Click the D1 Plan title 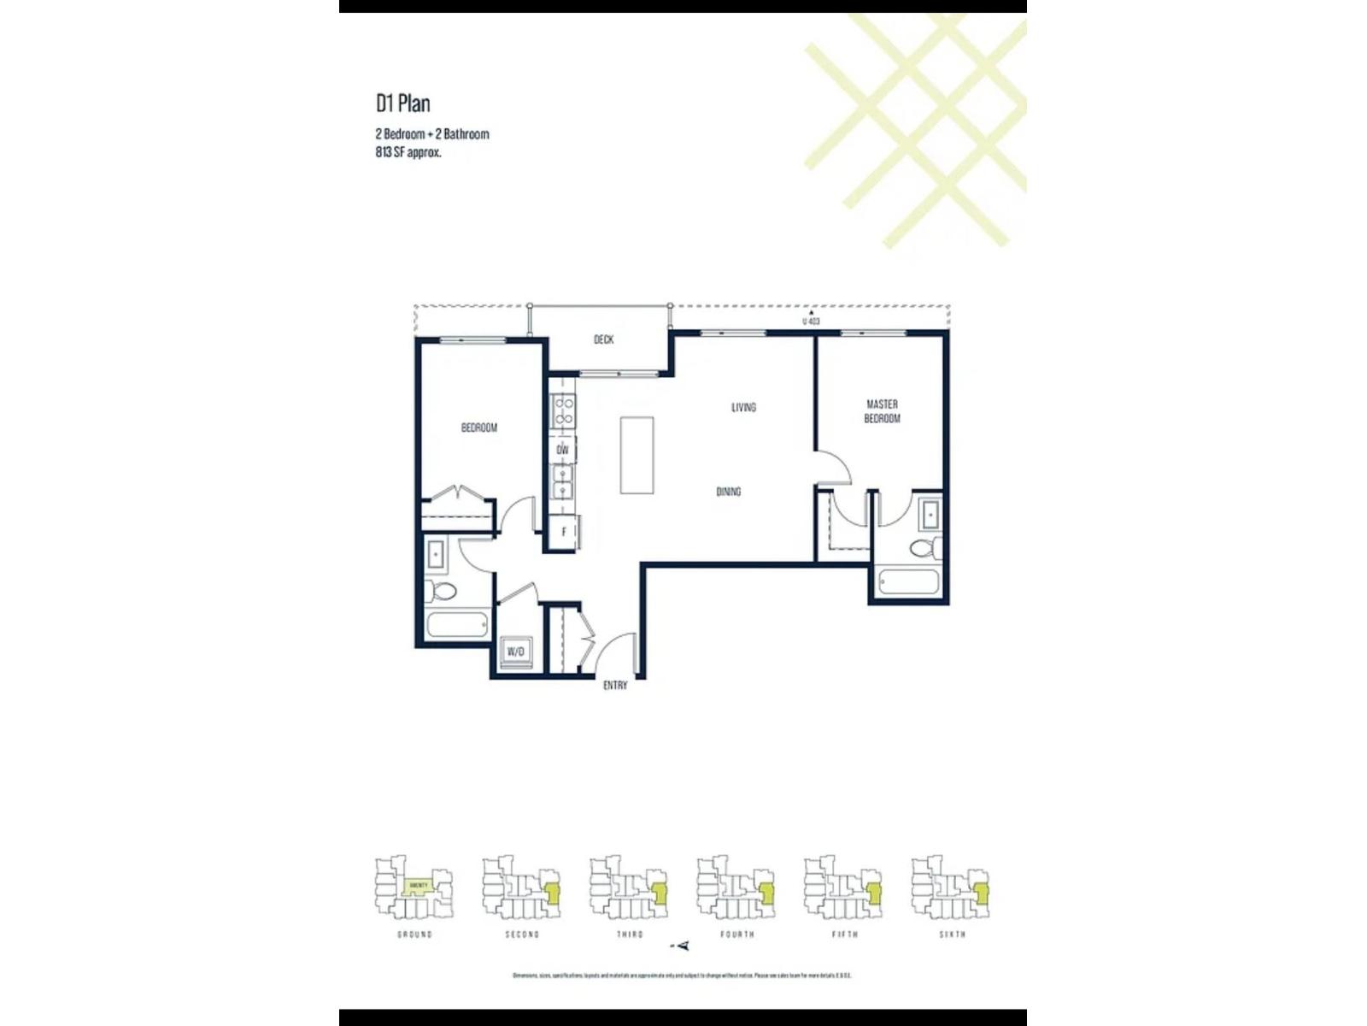coord(403,103)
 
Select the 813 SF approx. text coord(408,153)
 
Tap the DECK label coord(603,339)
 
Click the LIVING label coord(743,407)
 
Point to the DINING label coord(728,492)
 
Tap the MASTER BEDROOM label coord(882,411)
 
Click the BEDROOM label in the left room coord(478,427)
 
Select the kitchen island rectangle coord(637,455)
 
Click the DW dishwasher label coord(562,450)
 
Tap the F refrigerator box coord(564,532)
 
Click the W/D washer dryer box coord(516,652)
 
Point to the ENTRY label coord(615,686)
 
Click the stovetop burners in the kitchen coord(564,412)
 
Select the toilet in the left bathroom coord(442,590)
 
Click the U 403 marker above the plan coord(811,321)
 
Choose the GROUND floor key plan coord(414,889)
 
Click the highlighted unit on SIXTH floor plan coord(982,894)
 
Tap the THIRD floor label coord(630,935)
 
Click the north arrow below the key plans coord(682,946)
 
